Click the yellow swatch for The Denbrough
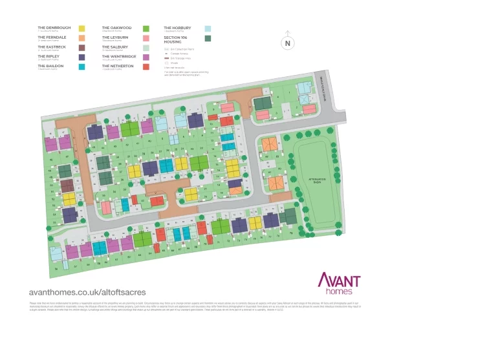[82, 29]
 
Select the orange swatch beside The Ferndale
[82, 38]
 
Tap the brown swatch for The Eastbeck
[82, 48]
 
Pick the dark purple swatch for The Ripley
[82, 57]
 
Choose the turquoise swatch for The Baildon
[82, 67]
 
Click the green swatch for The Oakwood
[146, 29]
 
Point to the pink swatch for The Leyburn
[146, 38]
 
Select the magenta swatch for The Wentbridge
[146, 57]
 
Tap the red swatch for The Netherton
[146, 67]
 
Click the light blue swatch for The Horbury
[208, 29]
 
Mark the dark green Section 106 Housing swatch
[208, 39]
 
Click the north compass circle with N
[288, 44]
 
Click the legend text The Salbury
[114, 47]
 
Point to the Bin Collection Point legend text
[181, 49]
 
